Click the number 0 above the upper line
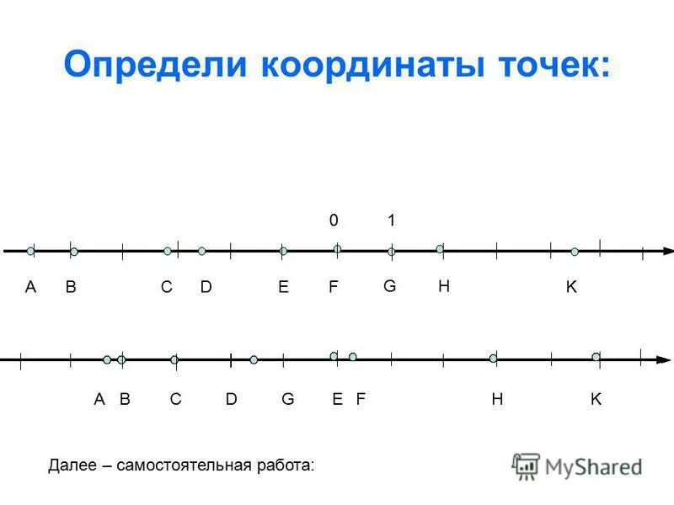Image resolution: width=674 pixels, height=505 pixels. pyautogui.click(x=334, y=221)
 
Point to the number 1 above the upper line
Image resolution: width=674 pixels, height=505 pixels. pyautogui.click(x=392, y=221)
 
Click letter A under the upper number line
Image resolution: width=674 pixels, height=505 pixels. pyautogui.click(x=30, y=287)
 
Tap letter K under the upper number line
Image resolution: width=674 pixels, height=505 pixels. pyautogui.click(x=571, y=287)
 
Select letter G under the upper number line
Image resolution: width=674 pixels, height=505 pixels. pyautogui.click(x=389, y=286)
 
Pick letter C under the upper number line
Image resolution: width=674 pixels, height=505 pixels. pyautogui.click(x=167, y=287)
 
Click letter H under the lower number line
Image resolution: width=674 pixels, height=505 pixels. pyautogui.click(x=497, y=400)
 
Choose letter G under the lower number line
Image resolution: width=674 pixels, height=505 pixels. pyautogui.click(x=288, y=400)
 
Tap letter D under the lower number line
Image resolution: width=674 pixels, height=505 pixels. pyautogui.click(x=232, y=400)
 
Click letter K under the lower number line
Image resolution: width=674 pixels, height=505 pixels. pyautogui.click(x=596, y=400)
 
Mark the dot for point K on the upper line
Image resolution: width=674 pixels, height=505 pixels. pyautogui.click(x=575, y=252)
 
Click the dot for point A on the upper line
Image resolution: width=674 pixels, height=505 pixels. pyautogui.click(x=30, y=251)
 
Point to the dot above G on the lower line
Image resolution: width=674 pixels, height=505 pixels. pyautogui.click(x=254, y=359)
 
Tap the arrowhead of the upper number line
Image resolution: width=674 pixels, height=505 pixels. pyautogui.click(x=668, y=250)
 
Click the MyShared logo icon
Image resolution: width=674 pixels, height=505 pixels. pyautogui.click(x=526, y=465)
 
